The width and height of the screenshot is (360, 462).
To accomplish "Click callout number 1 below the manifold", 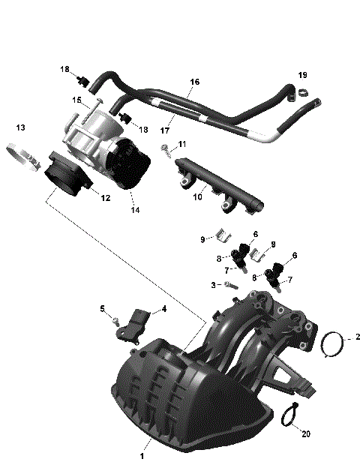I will [x=142, y=454].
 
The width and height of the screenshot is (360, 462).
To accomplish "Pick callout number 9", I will [x=202, y=239].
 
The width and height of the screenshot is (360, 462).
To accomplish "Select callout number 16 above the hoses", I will [x=194, y=82].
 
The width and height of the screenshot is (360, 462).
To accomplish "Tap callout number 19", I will [x=302, y=75].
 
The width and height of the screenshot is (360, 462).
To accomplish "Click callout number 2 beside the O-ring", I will [x=358, y=337].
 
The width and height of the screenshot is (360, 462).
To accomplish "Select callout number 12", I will [x=106, y=198].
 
